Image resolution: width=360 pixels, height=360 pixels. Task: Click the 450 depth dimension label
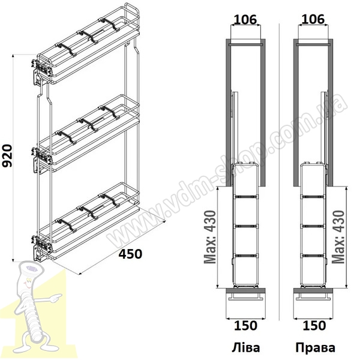tap(130, 254)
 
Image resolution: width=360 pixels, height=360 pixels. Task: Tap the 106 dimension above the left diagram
tap(245, 20)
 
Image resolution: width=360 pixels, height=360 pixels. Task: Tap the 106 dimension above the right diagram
tap(313, 20)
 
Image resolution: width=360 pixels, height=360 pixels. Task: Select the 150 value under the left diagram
tap(245, 326)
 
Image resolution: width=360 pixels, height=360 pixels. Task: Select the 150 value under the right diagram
tap(314, 326)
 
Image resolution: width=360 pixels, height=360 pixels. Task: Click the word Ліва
tap(245, 347)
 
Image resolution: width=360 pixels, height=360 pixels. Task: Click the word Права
tap(315, 347)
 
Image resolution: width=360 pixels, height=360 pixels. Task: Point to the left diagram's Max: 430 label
tap(210, 237)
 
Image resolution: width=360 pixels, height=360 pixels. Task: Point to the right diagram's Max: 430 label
tap(338, 237)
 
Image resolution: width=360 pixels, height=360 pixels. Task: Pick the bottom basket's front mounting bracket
tap(41, 247)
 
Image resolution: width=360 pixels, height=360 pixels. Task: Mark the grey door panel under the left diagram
tap(245, 290)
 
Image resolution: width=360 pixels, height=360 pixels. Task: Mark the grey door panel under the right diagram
tap(313, 290)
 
